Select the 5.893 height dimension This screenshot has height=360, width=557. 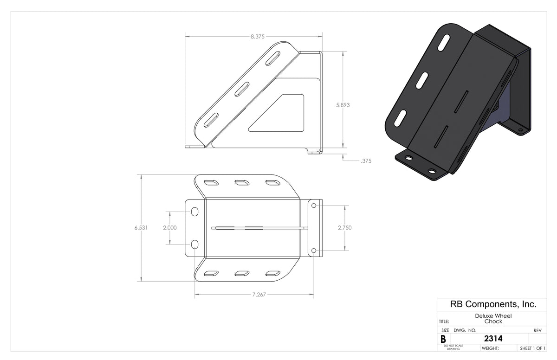coord(343,105)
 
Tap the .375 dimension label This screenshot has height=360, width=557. coord(366,161)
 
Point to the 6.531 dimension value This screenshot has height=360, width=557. coord(141,228)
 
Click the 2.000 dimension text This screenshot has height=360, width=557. coord(170,228)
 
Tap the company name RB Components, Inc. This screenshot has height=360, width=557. coord(493,304)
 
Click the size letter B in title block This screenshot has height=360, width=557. coord(443,339)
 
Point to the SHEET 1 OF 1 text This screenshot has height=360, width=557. coord(532,348)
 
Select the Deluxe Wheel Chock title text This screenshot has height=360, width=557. coord(493,318)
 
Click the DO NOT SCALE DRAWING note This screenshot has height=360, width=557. coord(453,347)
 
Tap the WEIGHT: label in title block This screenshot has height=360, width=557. coord(490,348)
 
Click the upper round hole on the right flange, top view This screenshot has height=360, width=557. coord(314,205)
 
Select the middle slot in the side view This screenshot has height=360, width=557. coord(241,89)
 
